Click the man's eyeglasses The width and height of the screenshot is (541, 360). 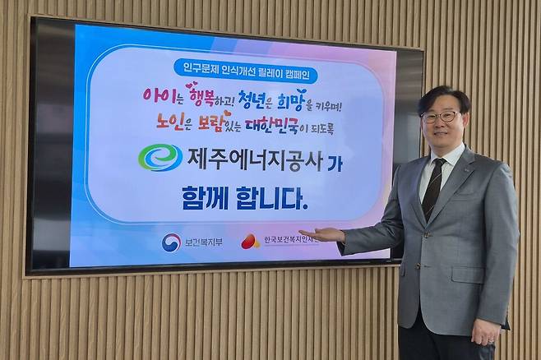441,117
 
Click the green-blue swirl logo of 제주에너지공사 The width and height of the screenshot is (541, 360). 160,157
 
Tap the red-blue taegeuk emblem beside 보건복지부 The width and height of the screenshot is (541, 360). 171,242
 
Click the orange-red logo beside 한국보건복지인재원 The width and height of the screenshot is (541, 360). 250,241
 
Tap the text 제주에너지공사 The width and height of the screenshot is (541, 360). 255,158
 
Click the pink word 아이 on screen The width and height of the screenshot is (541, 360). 158,96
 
